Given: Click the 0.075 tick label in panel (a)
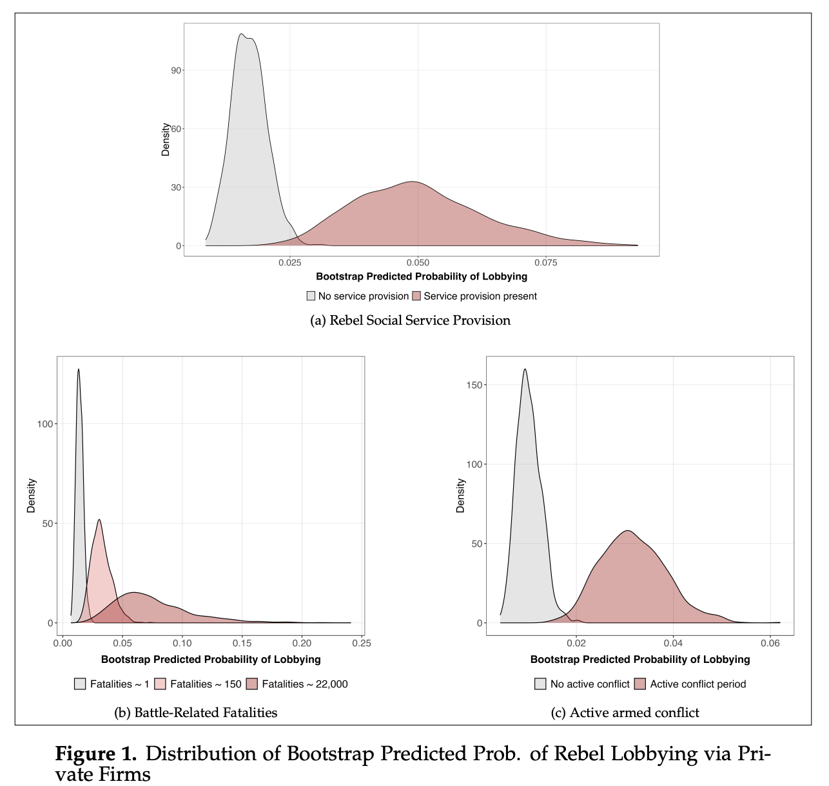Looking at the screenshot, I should coord(545,263).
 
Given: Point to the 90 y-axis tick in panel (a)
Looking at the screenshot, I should coord(176,70).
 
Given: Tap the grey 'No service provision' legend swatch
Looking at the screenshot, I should coord(311,296).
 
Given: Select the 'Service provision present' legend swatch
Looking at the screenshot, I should coord(416,296).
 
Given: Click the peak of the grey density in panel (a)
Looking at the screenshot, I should coord(241,34).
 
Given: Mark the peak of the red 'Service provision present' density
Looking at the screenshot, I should coord(412,182).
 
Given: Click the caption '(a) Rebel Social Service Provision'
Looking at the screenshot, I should coord(410,320).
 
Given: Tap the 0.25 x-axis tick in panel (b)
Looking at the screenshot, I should coord(362,643).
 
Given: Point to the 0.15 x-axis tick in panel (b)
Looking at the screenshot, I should coord(242,643).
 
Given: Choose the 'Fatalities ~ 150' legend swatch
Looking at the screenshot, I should coord(161,684).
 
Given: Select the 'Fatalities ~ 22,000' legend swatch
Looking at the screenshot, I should coord(252,684).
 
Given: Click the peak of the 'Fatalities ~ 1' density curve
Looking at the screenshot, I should coord(79,369).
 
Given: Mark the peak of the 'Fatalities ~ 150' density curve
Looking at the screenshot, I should coord(99,520).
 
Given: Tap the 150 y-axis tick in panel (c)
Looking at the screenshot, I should coord(474,385).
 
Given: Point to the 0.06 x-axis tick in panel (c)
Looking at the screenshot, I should coord(770,643).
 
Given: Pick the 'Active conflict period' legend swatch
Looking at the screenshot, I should coord(640,684).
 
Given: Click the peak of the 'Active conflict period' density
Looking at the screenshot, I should coord(627,531).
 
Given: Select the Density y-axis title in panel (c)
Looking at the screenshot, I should coord(460,495).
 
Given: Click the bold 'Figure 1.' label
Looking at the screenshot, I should coord(95,754).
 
